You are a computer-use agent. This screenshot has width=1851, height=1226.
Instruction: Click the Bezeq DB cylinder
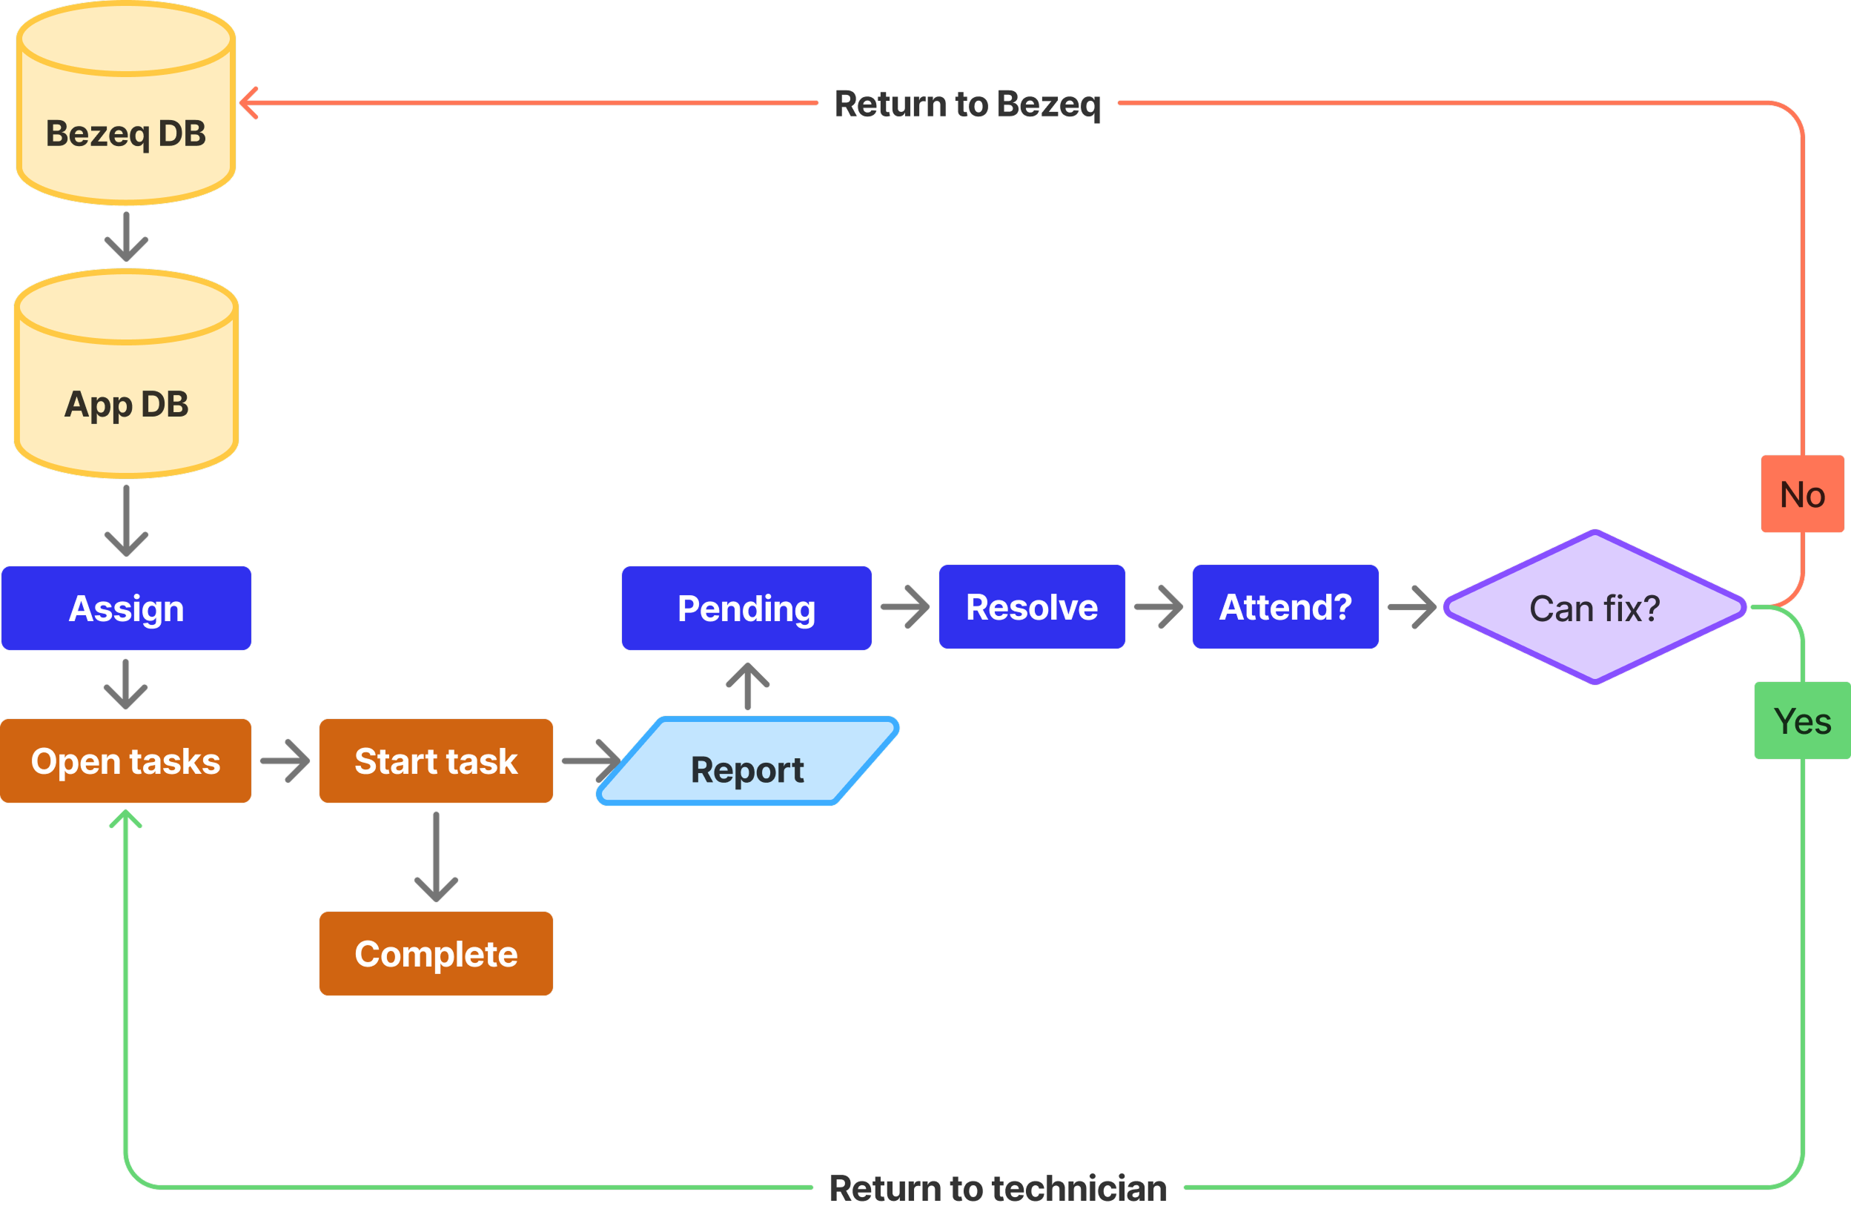(126, 117)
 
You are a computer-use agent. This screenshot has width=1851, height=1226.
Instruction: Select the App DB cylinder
(126, 387)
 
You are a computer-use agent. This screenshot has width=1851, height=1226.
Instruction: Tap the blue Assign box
(126, 609)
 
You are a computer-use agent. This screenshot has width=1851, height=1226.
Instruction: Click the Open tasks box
(125, 761)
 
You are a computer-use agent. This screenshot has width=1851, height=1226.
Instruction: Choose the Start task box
(436, 761)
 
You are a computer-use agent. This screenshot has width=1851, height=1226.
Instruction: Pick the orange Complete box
(436, 953)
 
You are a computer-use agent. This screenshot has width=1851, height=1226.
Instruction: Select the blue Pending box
(746, 609)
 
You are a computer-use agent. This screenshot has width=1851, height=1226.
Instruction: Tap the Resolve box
(1031, 607)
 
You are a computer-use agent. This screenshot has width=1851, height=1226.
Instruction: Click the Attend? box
(1285, 607)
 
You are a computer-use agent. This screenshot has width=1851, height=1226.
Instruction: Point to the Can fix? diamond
(1595, 608)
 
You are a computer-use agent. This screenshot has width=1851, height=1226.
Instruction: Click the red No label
(1802, 494)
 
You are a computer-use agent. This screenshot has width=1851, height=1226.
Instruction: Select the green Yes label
(1802, 720)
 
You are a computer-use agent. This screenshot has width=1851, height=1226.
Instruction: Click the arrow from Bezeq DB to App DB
(126, 237)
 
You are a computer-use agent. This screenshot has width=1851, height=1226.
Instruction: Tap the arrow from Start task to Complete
(436, 857)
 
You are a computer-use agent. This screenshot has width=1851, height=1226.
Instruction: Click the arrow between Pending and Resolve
(906, 607)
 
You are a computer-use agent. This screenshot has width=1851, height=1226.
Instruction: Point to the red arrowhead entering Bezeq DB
(248, 102)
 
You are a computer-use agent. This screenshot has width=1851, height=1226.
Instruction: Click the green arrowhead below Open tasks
(125, 818)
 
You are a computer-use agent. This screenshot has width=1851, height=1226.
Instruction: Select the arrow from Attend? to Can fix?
(1412, 607)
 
